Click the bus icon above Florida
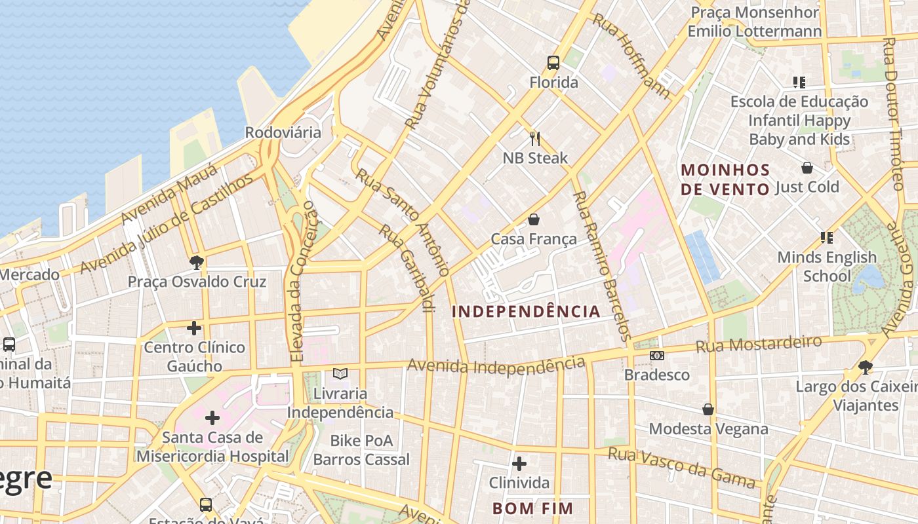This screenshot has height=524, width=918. click(x=553, y=63)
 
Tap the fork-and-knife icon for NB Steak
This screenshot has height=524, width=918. click(x=535, y=138)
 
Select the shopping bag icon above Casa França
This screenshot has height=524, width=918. click(x=534, y=219)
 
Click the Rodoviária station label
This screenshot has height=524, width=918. click(x=283, y=132)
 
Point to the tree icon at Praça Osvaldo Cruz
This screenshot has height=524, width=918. click(x=196, y=263)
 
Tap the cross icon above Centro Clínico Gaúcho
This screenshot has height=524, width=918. click(x=194, y=327)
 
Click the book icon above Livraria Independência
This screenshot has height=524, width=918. click(x=340, y=374)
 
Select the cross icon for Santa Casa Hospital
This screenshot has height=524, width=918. click(x=212, y=417)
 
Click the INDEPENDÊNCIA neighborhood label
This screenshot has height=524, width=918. click(x=526, y=312)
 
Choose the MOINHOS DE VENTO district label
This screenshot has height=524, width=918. click(x=725, y=179)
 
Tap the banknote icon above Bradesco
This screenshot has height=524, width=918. click(x=657, y=356)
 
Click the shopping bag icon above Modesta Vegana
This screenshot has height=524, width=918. click(x=708, y=409)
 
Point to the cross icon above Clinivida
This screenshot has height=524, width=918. click(x=519, y=464)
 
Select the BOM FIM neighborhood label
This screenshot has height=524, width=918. click(x=532, y=508)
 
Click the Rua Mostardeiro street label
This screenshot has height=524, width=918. click(x=758, y=344)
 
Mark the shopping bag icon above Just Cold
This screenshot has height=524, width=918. click(x=807, y=168)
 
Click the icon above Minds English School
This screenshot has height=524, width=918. click(x=826, y=238)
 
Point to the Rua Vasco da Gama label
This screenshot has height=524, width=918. click(x=682, y=468)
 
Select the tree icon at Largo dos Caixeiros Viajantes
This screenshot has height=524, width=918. click(x=866, y=367)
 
